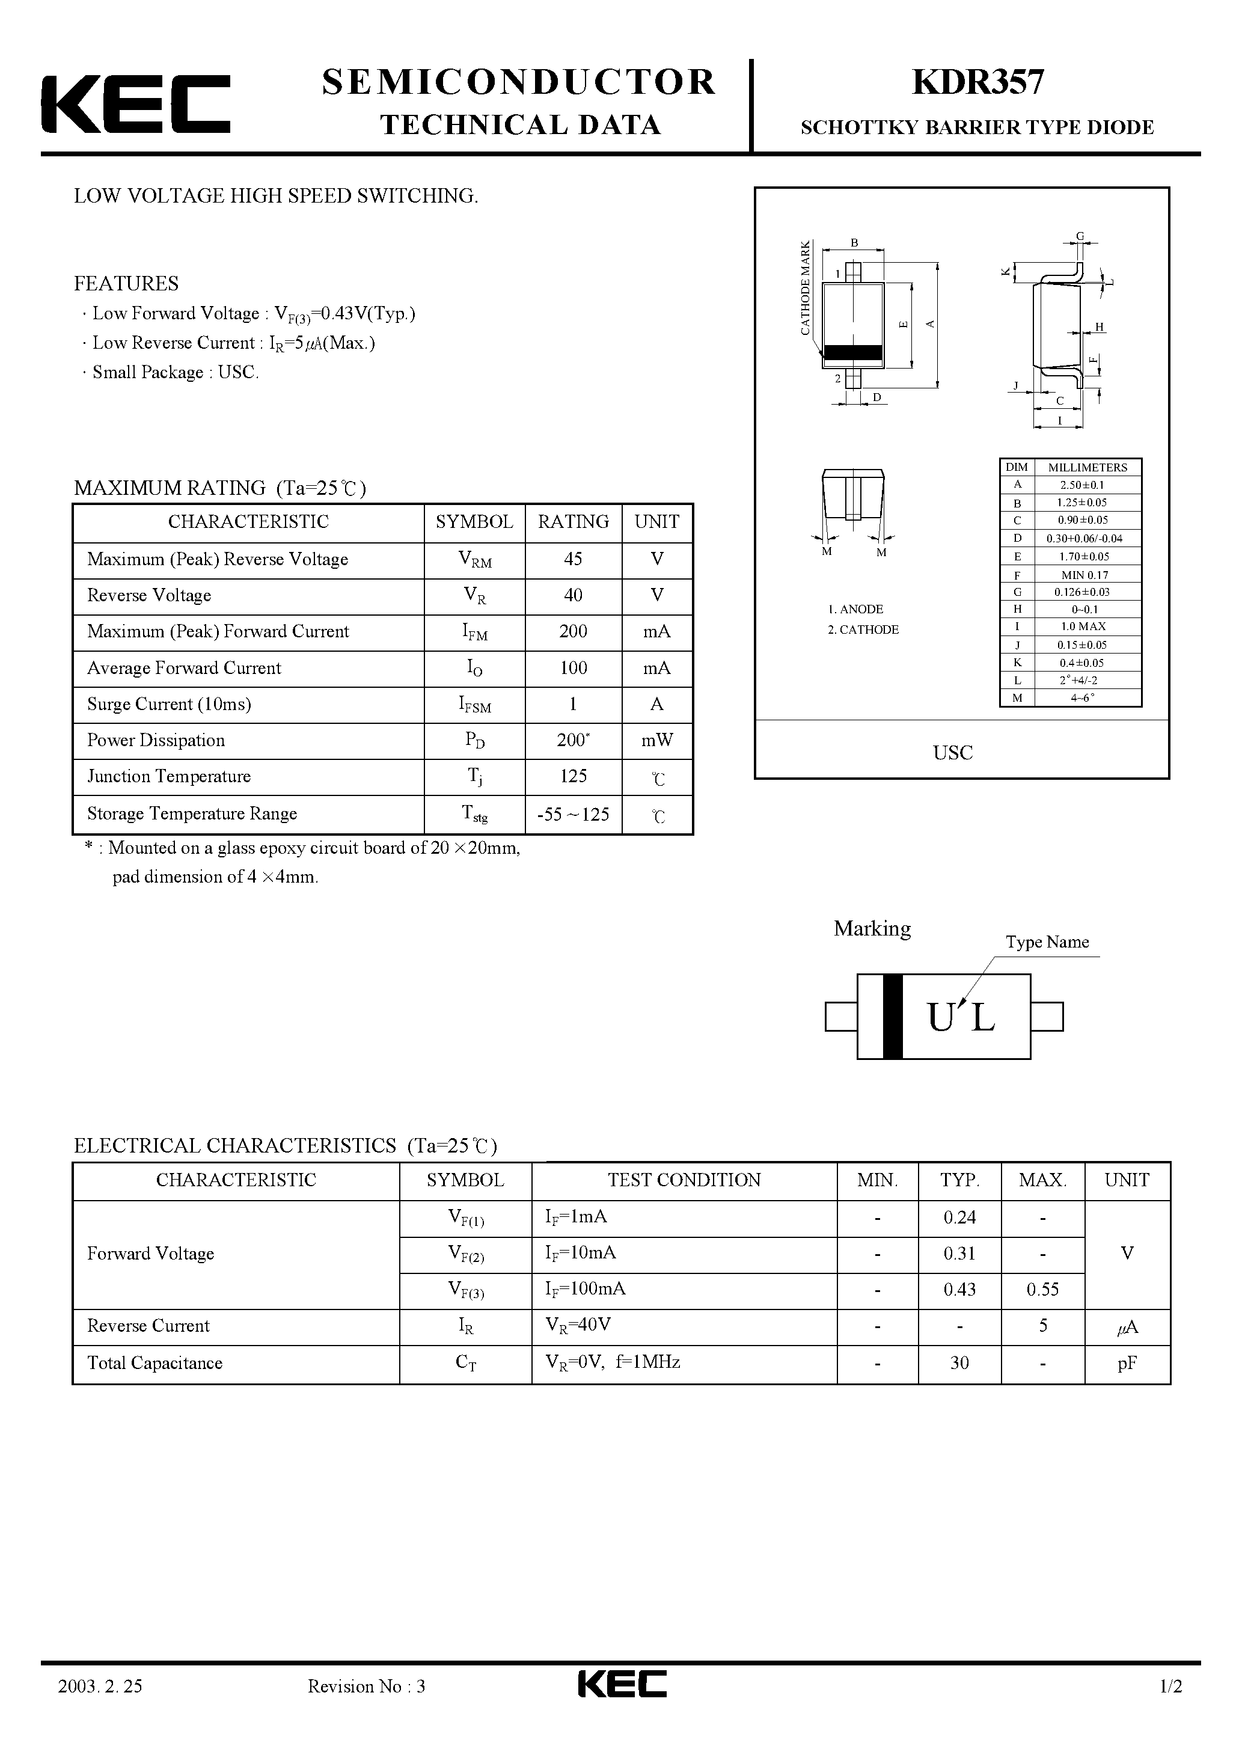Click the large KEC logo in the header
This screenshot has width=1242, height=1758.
point(135,104)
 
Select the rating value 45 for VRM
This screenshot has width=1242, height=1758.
point(573,560)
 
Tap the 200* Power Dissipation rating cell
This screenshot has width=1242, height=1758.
point(573,740)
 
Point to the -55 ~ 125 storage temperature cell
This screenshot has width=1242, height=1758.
point(573,814)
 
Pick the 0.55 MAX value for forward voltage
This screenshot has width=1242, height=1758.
point(1042,1290)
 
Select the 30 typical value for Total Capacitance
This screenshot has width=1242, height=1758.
point(959,1363)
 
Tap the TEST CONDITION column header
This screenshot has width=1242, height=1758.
point(684,1180)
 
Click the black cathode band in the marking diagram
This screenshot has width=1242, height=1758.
point(892,1016)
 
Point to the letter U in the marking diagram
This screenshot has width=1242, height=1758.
point(940,1018)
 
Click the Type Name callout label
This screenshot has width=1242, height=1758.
point(1047,942)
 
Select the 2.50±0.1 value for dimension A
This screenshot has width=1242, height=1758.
point(1082,485)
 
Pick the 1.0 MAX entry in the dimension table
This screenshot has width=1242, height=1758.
point(1082,626)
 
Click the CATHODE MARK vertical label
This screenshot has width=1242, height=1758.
point(805,288)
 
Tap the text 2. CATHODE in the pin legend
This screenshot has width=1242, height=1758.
point(863,629)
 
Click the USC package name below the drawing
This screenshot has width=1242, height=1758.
point(953,753)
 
